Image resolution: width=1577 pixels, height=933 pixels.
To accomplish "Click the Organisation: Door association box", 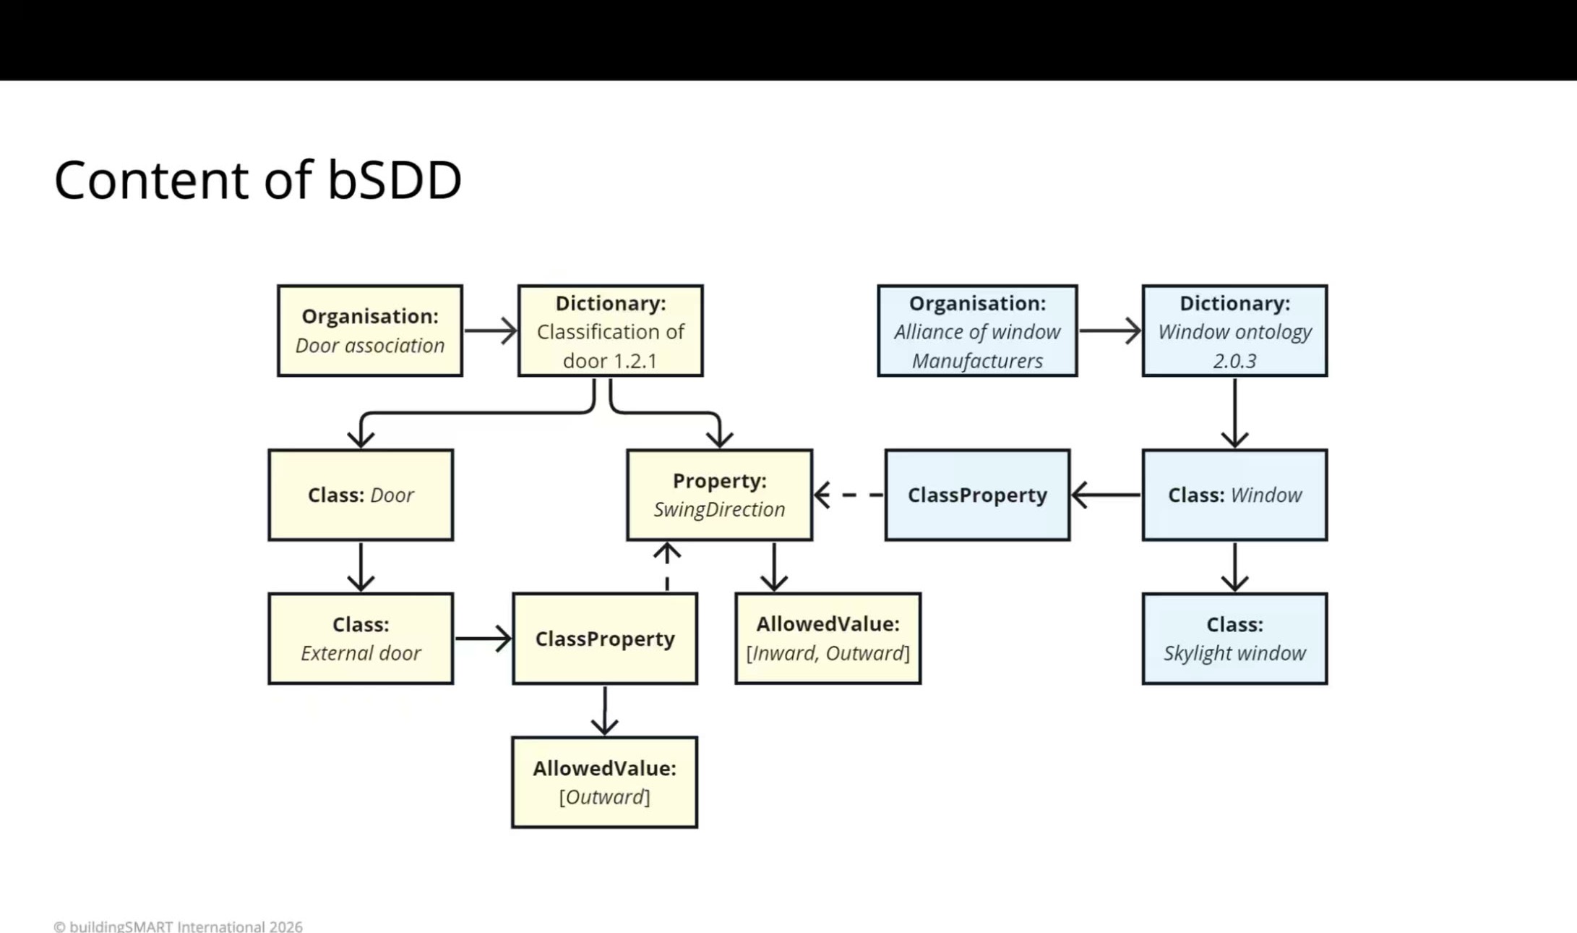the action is coord(370,331).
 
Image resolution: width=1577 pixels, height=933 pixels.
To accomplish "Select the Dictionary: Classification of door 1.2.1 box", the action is coord(611,331).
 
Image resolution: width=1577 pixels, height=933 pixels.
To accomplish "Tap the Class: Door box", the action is coord(361,495).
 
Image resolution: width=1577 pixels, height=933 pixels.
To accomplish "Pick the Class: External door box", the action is coord(361,639).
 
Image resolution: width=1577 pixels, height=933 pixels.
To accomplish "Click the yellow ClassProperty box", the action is coord(605,639).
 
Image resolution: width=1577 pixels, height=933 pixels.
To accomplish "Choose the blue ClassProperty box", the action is coord(977,495).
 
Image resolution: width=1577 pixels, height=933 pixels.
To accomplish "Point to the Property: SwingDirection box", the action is coord(719,495).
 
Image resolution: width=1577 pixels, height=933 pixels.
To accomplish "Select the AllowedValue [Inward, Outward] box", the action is coord(828,639).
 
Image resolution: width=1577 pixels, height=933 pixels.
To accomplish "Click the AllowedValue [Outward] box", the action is coord(605,782).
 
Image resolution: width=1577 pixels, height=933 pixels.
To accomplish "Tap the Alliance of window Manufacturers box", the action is coord(977,331).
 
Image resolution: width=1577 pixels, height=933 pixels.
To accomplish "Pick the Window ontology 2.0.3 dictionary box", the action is coord(1234,331).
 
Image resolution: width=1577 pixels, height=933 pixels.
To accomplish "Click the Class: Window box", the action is coord(1234,495).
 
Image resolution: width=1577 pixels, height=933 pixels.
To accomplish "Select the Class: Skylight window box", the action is coord(1234,639).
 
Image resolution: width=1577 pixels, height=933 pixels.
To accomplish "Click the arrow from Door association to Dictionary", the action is coord(491,331).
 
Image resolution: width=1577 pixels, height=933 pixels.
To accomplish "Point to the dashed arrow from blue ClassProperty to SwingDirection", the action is coord(848,495).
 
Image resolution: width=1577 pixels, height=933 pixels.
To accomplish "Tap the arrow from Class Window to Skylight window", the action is coord(1234,567).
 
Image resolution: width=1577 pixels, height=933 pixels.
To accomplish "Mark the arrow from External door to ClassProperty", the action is coord(483,639).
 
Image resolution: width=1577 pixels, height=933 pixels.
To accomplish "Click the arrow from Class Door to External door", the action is coord(361,567).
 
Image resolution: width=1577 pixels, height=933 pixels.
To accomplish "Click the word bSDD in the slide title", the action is coord(395,179).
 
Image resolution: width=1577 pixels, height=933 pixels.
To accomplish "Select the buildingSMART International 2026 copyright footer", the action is coord(178,926).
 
